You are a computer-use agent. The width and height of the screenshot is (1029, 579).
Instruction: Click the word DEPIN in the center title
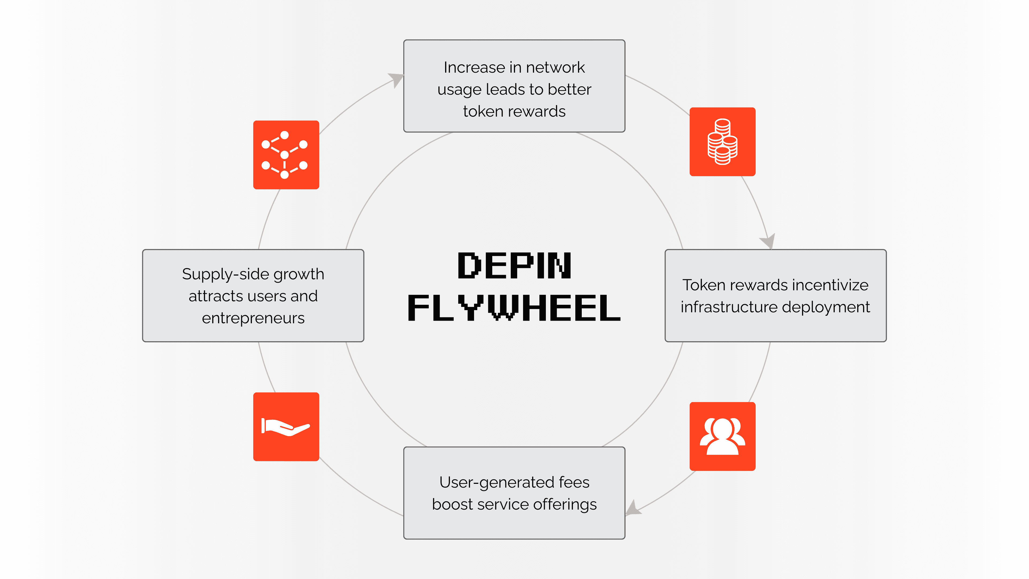coord(514,265)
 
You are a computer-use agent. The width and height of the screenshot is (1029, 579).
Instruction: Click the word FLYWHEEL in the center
coord(514,308)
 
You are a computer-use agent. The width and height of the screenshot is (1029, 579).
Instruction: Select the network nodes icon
coord(286,155)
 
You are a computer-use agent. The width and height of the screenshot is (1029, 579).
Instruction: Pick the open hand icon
coord(286,426)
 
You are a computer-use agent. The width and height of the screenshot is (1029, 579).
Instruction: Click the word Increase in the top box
coord(474,68)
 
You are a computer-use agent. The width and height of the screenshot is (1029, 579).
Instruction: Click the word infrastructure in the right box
coord(729,307)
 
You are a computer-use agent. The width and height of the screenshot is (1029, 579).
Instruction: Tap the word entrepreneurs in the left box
coord(253,318)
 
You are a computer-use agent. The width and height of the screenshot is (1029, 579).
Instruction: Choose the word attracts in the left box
coord(215,296)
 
